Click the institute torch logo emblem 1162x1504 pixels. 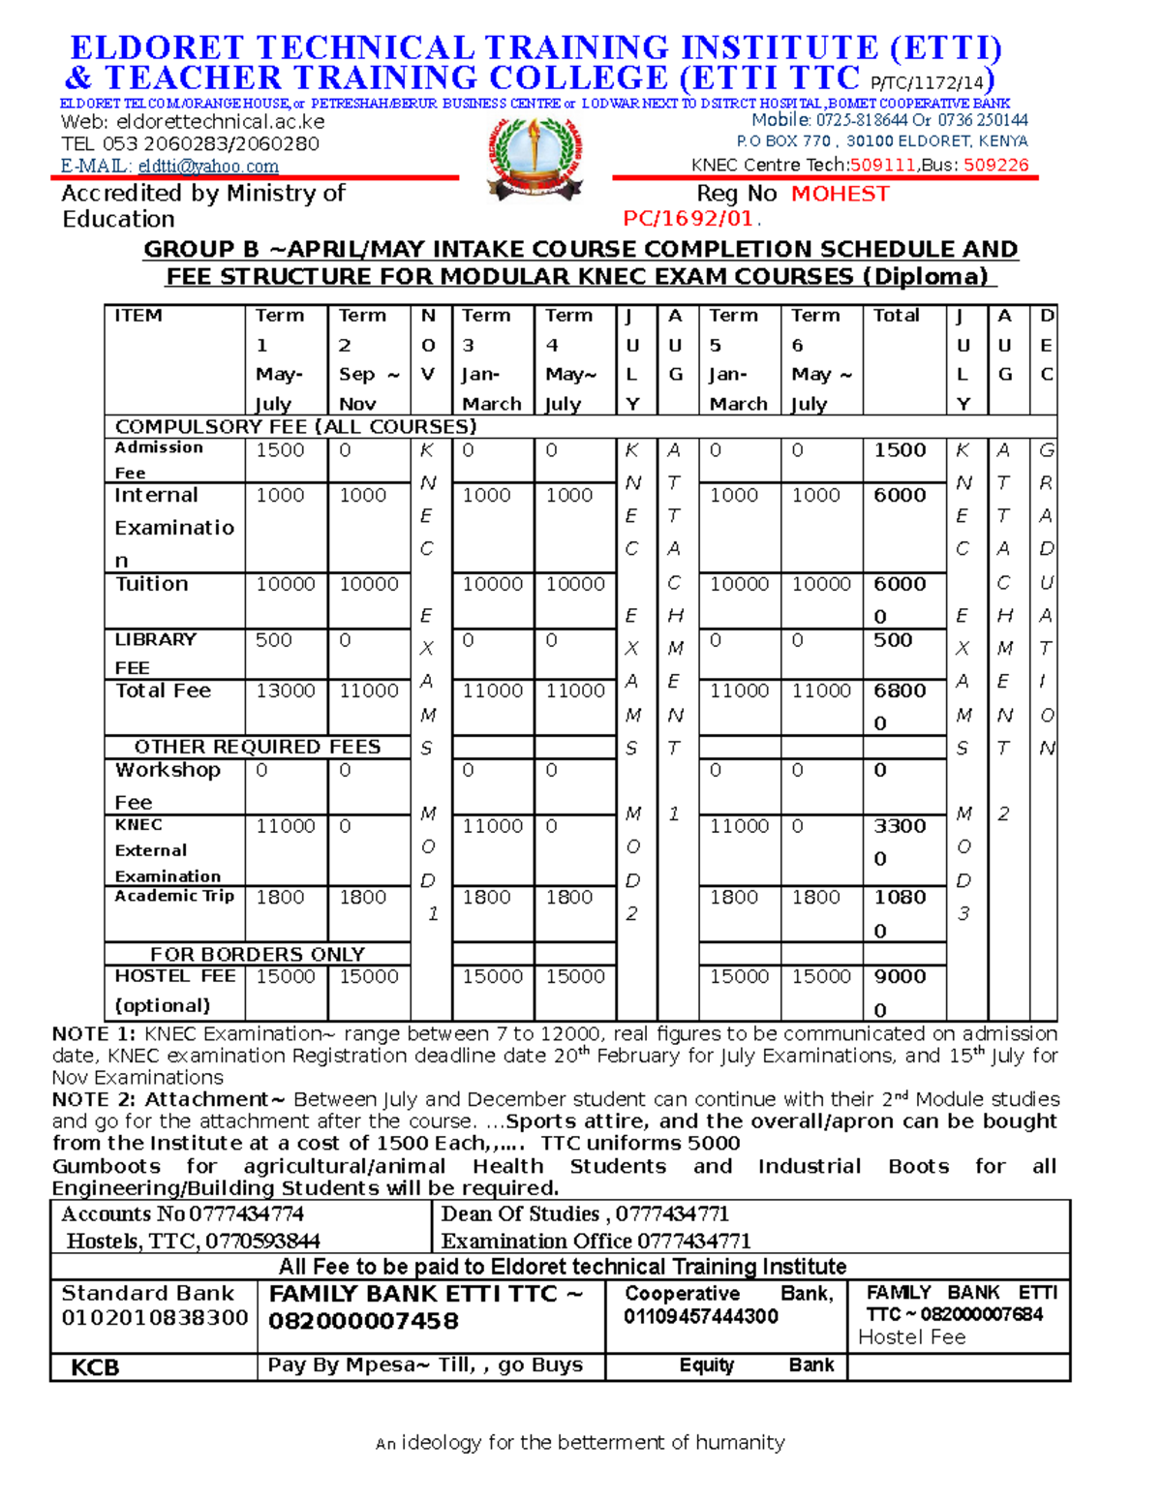pyautogui.click(x=535, y=160)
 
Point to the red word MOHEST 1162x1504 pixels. pyautogui.click(x=840, y=195)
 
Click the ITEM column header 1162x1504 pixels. pyautogui.click(x=138, y=316)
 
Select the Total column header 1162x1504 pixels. pyautogui.click(x=896, y=316)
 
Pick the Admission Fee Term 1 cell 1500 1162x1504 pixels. pyautogui.click(x=280, y=450)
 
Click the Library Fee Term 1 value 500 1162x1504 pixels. pyautogui.click(x=273, y=640)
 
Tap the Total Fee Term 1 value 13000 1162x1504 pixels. pyautogui.click(x=285, y=691)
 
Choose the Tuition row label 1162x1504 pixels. pyautogui.click(x=151, y=584)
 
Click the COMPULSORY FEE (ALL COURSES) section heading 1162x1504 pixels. pyautogui.click(x=295, y=427)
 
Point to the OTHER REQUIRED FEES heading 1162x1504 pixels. pyautogui.click(x=257, y=747)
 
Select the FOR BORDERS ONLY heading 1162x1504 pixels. pyautogui.click(x=257, y=954)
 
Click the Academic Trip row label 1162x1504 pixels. pyautogui.click(x=174, y=896)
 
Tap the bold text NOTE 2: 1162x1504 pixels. pyautogui.click(x=94, y=1099)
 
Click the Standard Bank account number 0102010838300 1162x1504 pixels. pyautogui.click(x=155, y=1318)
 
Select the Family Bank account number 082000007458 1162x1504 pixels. pyautogui.click(x=363, y=1321)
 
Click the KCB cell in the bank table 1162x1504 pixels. pyautogui.click(x=95, y=1367)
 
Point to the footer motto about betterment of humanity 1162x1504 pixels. pyautogui.click(x=580, y=1443)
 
